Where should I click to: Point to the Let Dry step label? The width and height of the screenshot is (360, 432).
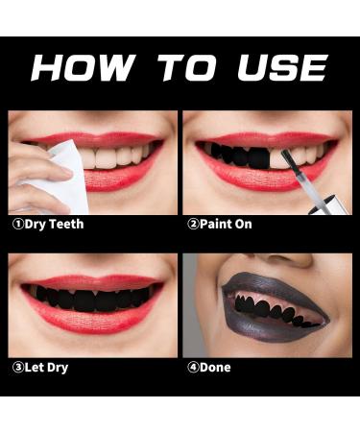46,367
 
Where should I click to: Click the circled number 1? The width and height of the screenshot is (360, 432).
16,224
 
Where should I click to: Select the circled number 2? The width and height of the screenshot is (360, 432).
191,224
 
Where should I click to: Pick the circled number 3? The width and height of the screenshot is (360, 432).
16,367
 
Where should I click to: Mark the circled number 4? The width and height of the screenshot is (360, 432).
191,367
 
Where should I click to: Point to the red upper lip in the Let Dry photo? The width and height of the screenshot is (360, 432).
91,281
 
